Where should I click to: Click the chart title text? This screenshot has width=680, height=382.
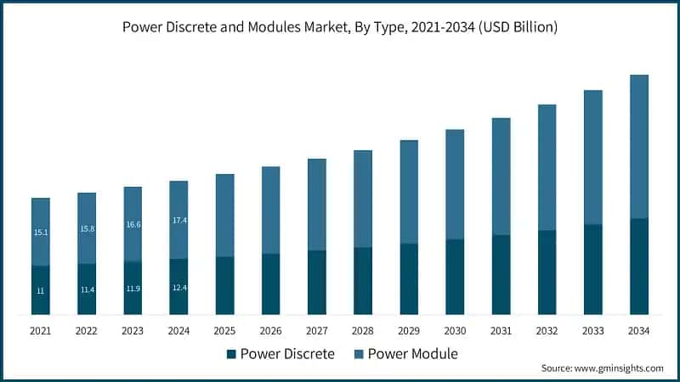pyautogui.click(x=340, y=27)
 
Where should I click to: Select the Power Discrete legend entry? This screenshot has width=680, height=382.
pyautogui.click(x=280, y=353)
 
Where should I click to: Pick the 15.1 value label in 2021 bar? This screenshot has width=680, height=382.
pyautogui.click(x=41, y=232)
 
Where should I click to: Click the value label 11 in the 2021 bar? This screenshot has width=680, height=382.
pyautogui.click(x=41, y=291)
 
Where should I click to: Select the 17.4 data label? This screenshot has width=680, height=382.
pyautogui.click(x=178, y=221)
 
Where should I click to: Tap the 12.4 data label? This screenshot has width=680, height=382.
pyautogui.click(x=178, y=287)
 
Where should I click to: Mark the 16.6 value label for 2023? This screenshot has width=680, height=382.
pyautogui.click(x=133, y=225)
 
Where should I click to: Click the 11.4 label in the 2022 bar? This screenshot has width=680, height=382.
pyautogui.click(x=87, y=289)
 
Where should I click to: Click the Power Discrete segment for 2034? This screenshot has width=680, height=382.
pyautogui.click(x=638, y=267)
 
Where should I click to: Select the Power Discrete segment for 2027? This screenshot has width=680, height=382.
pyautogui.click(x=317, y=283)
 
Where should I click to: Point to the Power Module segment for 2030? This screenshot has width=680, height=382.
pyautogui.click(x=455, y=184)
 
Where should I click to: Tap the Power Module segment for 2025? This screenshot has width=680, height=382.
pyautogui.click(x=224, y=216)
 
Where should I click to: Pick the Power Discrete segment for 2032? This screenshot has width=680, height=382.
pyautogui.click(x=547, y=272)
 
